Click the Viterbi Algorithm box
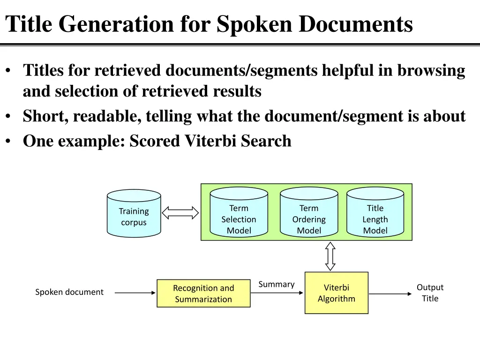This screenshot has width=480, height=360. [x=337, y=293]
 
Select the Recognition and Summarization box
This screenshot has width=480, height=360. [x=203, y=293]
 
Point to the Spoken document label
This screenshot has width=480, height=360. [x=69, y=292]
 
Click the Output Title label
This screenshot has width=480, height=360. [x=430, y=292]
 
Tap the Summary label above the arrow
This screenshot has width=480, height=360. [x=277, y=284]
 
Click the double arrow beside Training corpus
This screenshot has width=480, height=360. [x=180, y=213]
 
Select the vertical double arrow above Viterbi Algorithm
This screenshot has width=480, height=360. [x=330, y=256]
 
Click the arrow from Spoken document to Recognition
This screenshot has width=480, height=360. [x=135, y=293]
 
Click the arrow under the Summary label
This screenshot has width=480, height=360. [x=277, y=293]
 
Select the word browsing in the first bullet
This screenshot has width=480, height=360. [x=431, y=70]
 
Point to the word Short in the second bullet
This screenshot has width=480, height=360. [x=45, y=116]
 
